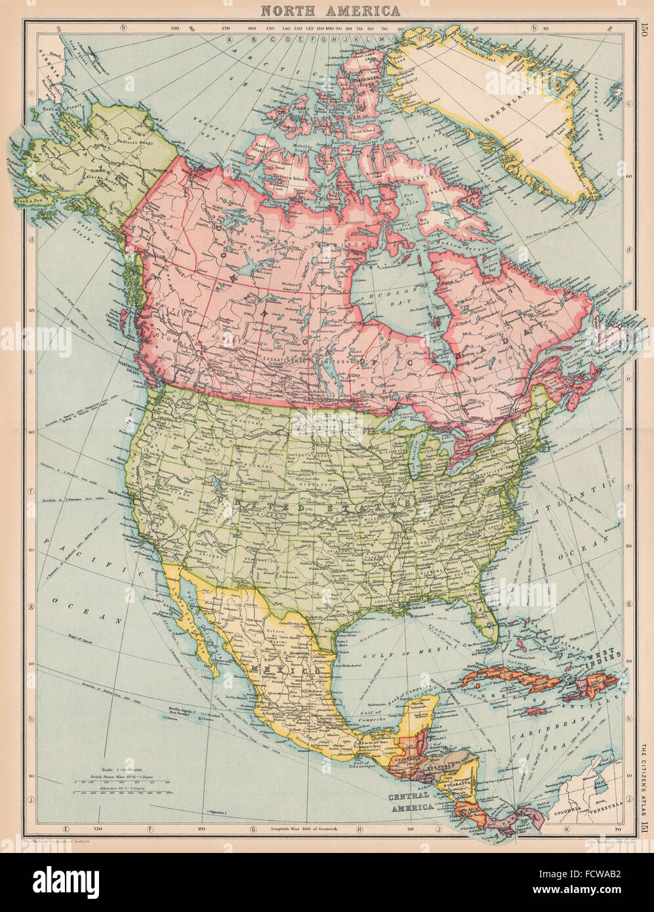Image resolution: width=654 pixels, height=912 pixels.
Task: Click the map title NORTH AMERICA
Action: [329, 10]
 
